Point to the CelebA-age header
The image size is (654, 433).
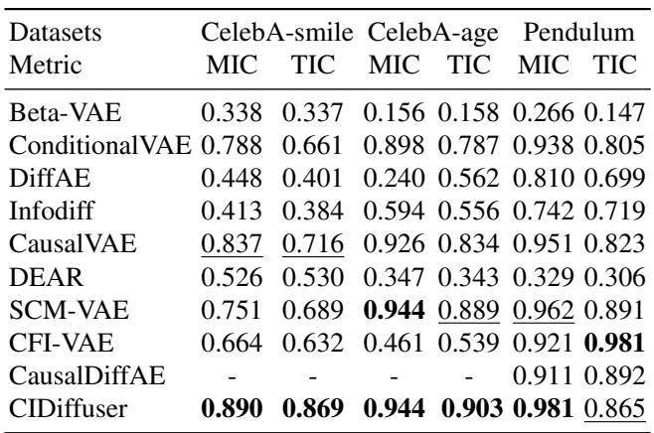tap(431, 20)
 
